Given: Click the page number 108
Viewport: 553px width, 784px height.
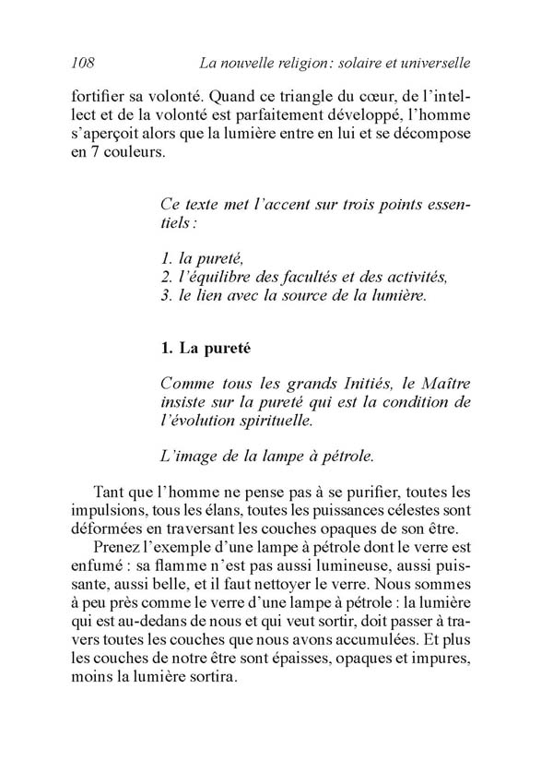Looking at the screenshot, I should coord(83,64).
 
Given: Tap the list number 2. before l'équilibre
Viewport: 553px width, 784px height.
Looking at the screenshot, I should coord(167,275).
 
